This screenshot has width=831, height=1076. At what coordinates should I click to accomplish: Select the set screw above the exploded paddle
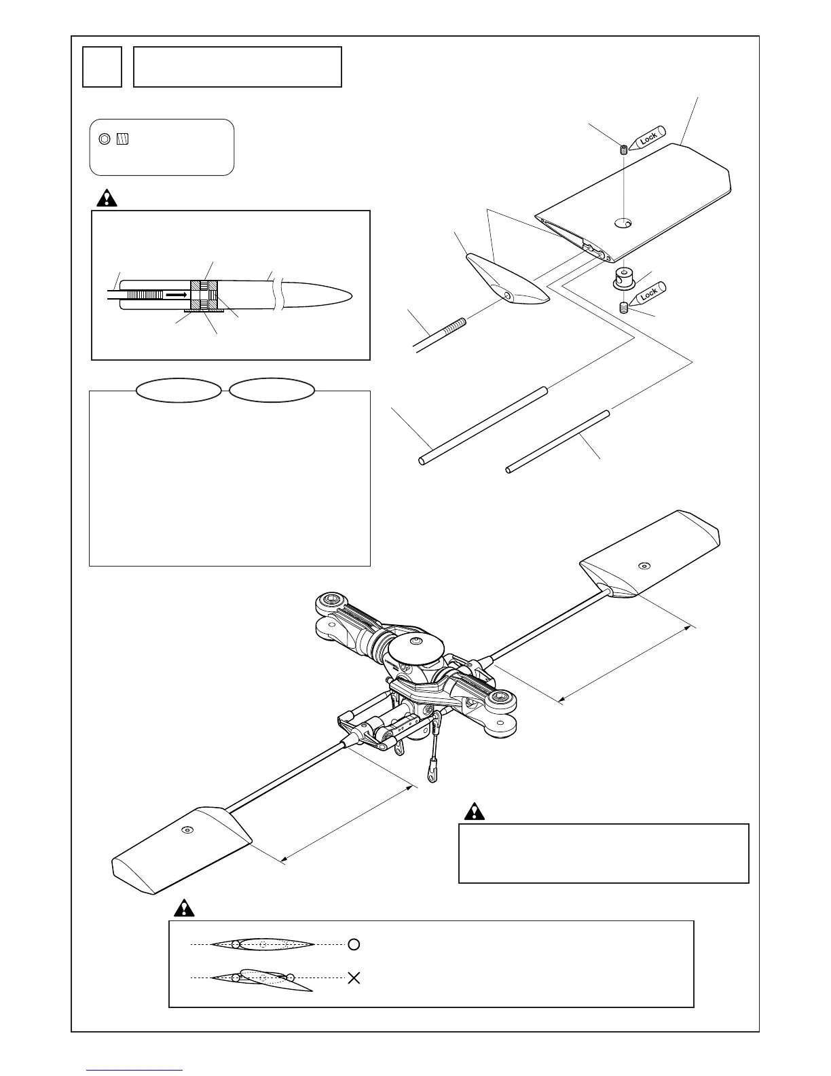[623, 149]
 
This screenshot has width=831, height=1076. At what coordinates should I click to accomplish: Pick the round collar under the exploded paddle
[624, 277]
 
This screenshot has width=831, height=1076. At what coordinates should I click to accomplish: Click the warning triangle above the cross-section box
[107, 198]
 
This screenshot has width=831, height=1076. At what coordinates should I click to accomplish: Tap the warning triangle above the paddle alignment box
[183, 908]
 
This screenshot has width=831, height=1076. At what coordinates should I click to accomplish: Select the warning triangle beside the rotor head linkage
[473, 811]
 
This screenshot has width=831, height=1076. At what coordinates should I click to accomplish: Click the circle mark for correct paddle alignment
[354, 944]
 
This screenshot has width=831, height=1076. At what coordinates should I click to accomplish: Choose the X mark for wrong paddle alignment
[354, 978]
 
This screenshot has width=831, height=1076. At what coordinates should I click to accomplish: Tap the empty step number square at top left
[102, 67]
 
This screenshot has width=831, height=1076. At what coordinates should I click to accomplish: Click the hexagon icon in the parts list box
[104, 139]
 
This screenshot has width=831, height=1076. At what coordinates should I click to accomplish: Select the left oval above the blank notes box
[179, 391]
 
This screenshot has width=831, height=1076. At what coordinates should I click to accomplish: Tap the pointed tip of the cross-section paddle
[350, 294]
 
